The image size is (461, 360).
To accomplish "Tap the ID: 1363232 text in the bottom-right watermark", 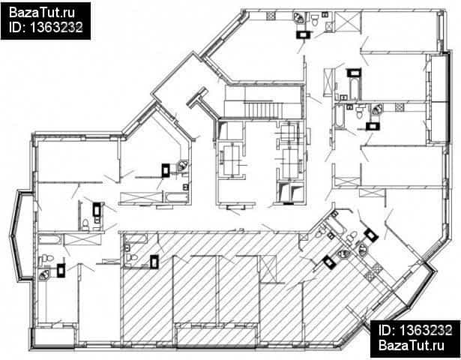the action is coord(415,330).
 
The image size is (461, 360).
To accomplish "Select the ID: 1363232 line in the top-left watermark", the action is coord(46,27).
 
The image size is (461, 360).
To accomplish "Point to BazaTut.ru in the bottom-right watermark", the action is coord(412,345).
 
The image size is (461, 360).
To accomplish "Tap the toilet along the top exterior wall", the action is coord(315,20).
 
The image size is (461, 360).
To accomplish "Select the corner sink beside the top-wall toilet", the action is coord(299,18).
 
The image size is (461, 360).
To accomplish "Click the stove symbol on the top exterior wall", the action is coord(271,16).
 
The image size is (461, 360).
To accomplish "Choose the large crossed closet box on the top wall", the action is coord(347,22).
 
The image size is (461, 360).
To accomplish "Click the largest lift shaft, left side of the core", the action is coord(232,160).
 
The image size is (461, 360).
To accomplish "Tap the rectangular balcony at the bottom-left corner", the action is coord(53,337).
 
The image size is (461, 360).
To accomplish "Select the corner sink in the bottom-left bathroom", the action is coord(44,274).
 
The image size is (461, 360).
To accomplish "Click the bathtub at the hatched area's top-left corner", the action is coord(135,238).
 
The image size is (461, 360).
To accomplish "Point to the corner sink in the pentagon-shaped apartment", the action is coord(184,166).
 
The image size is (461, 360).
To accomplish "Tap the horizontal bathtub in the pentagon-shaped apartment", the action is coord(176,197).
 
